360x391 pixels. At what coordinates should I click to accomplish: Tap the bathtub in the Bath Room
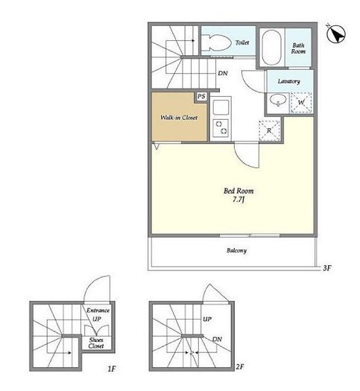pos(272,48)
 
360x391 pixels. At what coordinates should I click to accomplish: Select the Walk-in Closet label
pos(179,118)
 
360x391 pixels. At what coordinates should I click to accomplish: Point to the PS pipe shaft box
pos(201,96)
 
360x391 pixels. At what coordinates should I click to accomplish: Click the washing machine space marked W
pos(301,103)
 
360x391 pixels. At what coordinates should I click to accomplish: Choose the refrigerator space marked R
pos(269,130)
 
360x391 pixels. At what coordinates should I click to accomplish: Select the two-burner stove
pos(221,127)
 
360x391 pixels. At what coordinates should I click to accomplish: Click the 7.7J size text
pos(239,200)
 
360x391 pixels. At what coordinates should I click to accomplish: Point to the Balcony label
pos(236,250)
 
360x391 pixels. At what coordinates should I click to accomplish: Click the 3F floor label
pos(327,268)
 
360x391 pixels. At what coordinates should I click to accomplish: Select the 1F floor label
pos(112,369)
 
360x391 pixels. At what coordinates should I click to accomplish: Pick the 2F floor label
pos(239,367)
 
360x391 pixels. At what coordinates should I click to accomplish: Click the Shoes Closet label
pos(96,343)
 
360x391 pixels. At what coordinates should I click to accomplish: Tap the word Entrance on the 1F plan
pos(98,311)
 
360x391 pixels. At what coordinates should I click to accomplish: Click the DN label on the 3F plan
pos(223,73)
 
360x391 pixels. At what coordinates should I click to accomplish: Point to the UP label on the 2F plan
pos(207,320)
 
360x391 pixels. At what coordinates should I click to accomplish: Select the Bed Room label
pos(239,191)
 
